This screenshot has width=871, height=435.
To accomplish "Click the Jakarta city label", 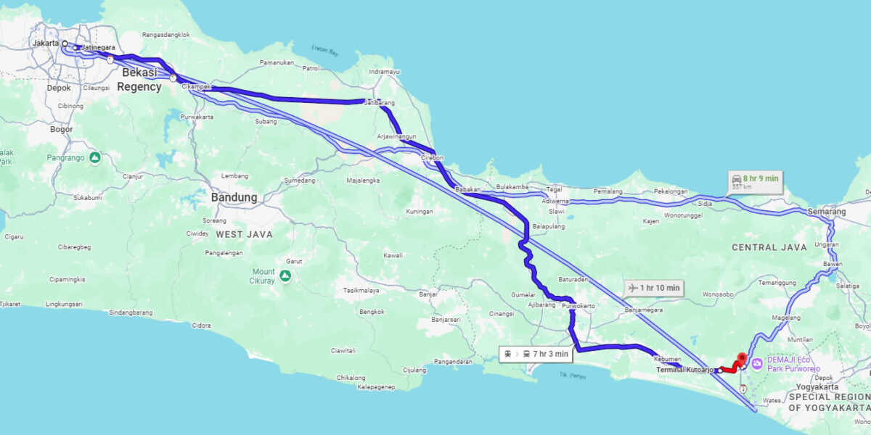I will point(45,43).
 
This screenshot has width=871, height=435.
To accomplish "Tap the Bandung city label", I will point(234,197).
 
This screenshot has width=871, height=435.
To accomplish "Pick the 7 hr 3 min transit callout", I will point(536,354).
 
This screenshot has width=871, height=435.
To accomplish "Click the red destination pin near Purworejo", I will point(741,359).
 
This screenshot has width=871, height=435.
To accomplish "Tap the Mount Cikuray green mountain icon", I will point(286,275).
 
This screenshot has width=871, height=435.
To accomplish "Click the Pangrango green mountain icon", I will point(94,157).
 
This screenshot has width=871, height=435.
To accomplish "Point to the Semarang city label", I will point(826,212).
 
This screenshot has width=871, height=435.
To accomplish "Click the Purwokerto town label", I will point(578,306).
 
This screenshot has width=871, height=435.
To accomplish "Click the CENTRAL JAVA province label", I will point(769,247).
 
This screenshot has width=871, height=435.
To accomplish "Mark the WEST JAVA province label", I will point(244,234).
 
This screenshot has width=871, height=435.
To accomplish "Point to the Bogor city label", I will point(62,130).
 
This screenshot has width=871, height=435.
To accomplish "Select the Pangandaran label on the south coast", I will point(452,361).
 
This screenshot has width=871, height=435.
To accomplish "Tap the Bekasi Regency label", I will point(139,80).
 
